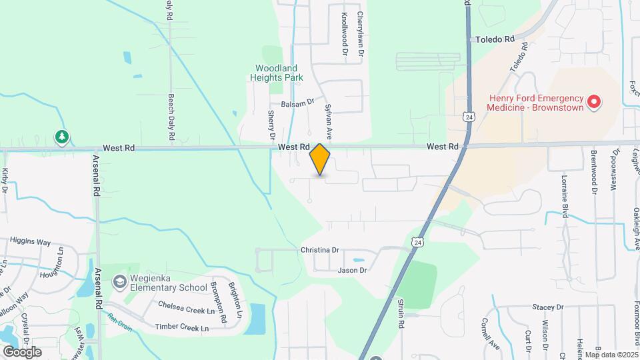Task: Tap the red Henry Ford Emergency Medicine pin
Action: click(x=593, y=103)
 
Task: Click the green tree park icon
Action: click(x=62, y=137)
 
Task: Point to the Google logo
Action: click(x=22, y=351)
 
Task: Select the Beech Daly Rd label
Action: click(x=171, y=116)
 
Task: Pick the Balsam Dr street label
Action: click(x=297, y=103)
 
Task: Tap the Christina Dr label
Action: click(x=320, y=250)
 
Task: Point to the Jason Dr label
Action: click(x=352, y=270)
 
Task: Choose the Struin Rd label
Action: click(x=401, y=313)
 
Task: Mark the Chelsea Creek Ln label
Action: click(x=187, y=307)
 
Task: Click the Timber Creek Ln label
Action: click(x=181, y=327)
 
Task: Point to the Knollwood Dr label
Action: click(x=345, y=33)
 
